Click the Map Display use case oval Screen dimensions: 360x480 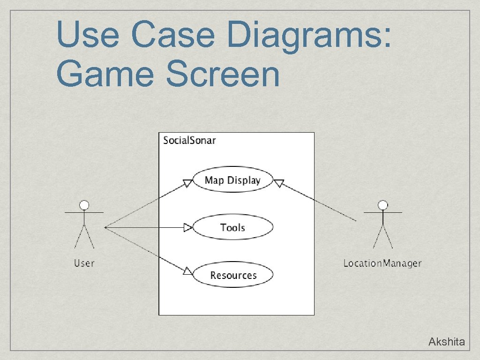(232, 180)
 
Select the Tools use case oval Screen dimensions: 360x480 (232, 227)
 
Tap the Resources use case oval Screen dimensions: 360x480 (232, 275)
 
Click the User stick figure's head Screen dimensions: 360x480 (84, 205)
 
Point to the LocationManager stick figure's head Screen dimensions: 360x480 (382, 205)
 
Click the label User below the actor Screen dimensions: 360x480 (84, 263)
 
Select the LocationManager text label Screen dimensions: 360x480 (382, 263)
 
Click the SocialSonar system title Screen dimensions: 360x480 (189, 140)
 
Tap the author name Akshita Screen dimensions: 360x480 (446, 342)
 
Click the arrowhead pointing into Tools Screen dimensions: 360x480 (188, 228)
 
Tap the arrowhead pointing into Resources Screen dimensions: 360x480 (187, 270)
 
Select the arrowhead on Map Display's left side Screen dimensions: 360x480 (187, 183)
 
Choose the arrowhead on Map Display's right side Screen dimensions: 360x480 (279, 183)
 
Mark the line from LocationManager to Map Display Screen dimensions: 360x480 (319, 202)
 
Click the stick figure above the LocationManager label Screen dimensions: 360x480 (382, 225)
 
